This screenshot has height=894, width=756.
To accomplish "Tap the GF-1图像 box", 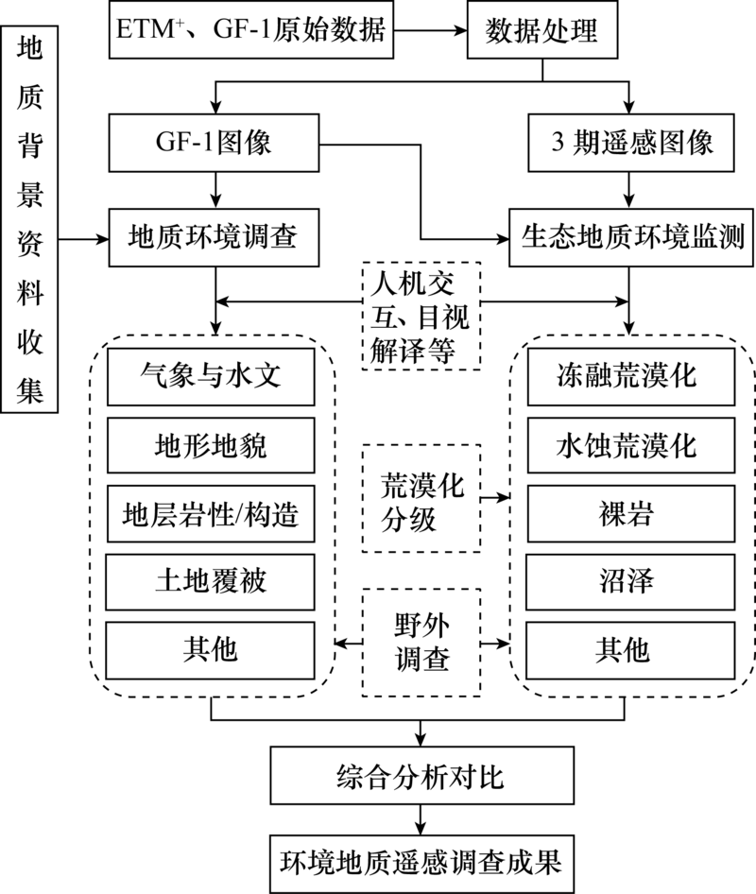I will tap(217, 145).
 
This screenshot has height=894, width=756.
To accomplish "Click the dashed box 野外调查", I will tap(421, 643).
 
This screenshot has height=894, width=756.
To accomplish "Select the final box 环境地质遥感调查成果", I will tap(420, 862).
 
